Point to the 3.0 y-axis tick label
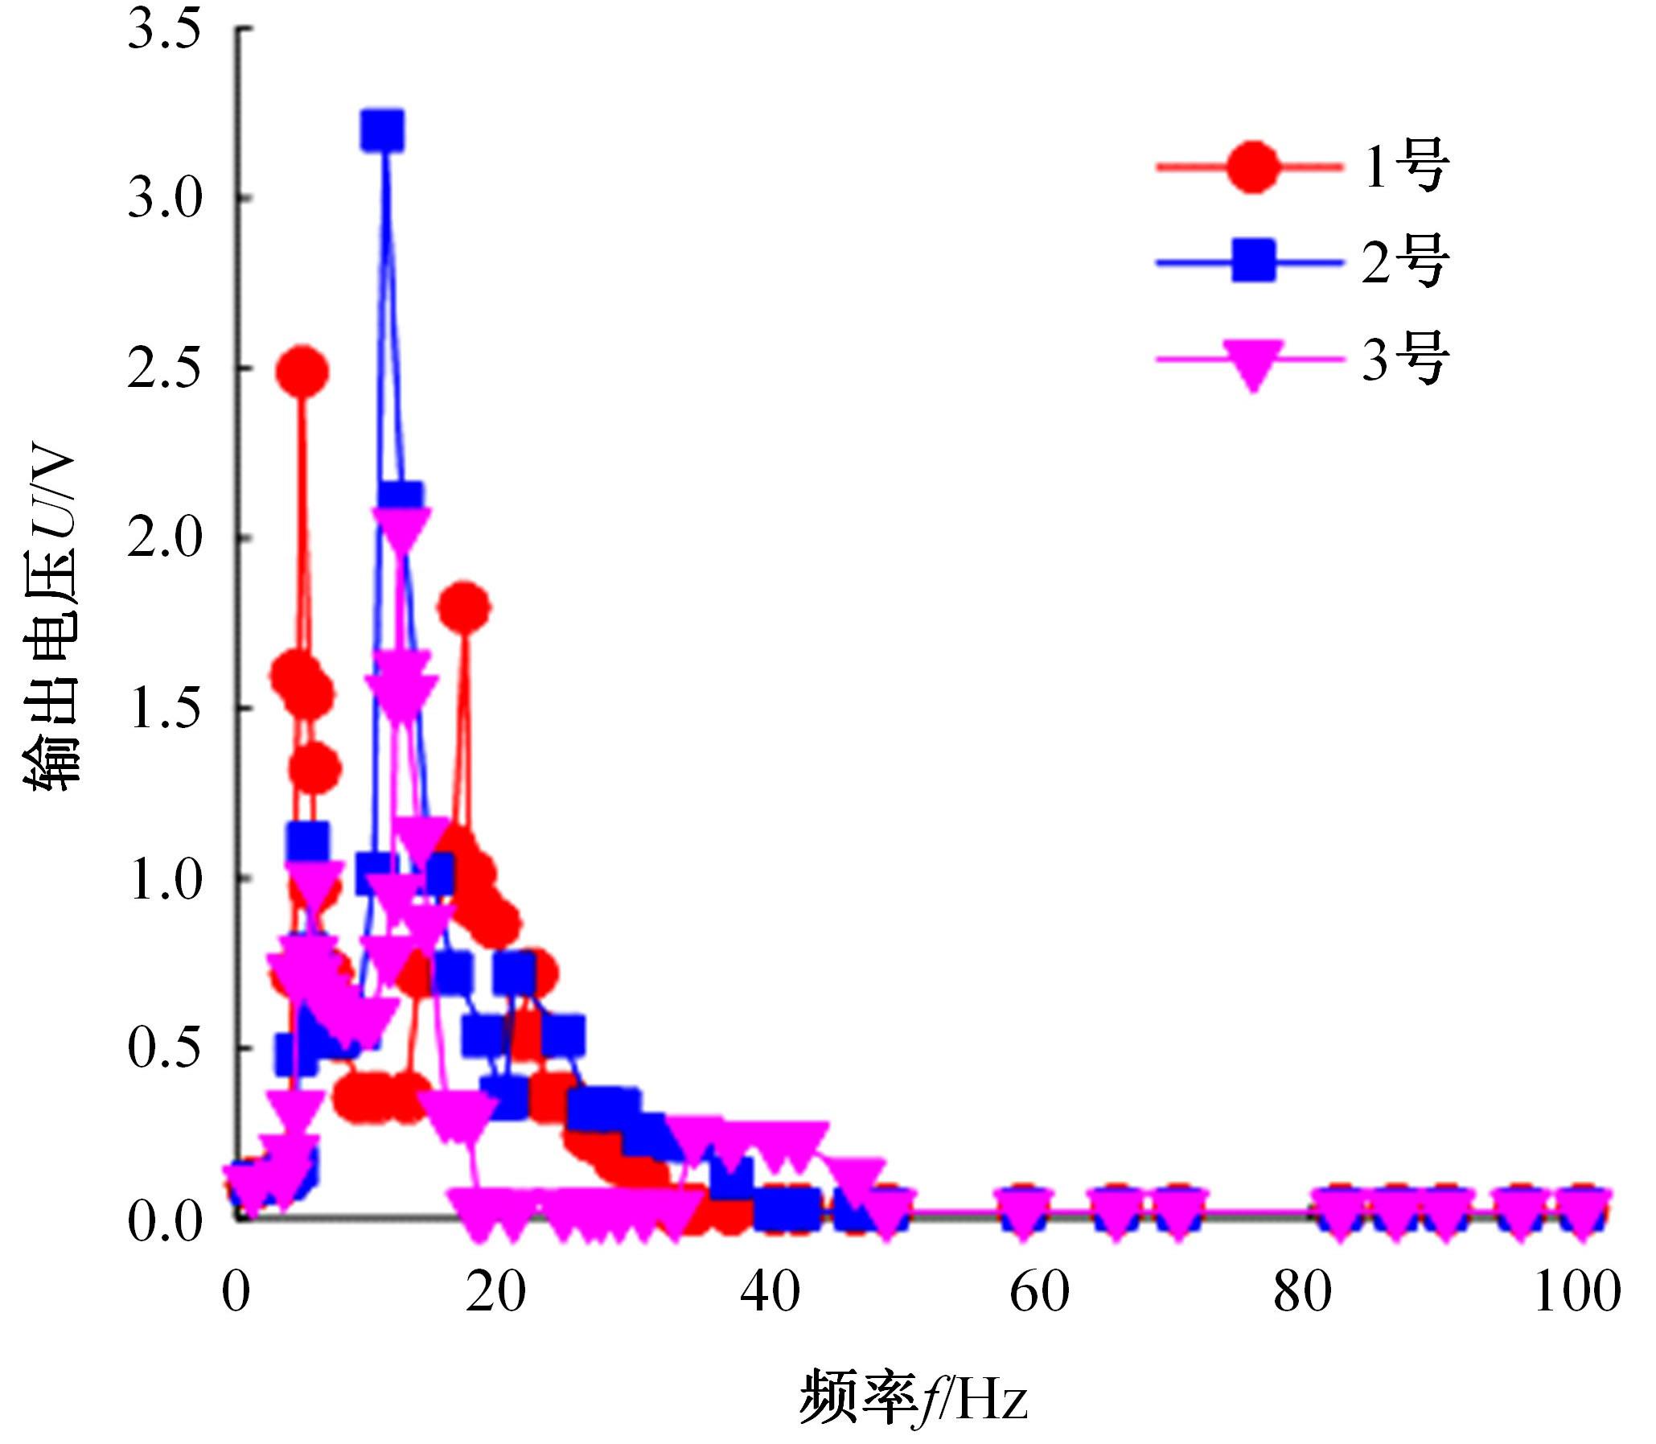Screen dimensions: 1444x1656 (x=163, y=198)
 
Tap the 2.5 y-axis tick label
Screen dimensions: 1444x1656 (x=163, y=369)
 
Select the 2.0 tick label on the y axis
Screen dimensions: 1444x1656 (x=163, y=538)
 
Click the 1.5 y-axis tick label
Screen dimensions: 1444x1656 (x=163, y=709)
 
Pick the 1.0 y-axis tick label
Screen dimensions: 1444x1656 (x=163, y=879)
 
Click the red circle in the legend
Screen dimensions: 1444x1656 (x=1252, y=167)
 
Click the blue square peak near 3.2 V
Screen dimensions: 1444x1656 (x=383, y=129)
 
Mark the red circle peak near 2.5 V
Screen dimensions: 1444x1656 (x=302, y=372)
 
